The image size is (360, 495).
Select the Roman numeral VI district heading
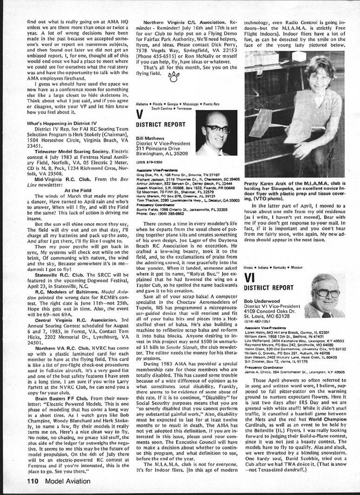pyautogui.click(x=249, y=278)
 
